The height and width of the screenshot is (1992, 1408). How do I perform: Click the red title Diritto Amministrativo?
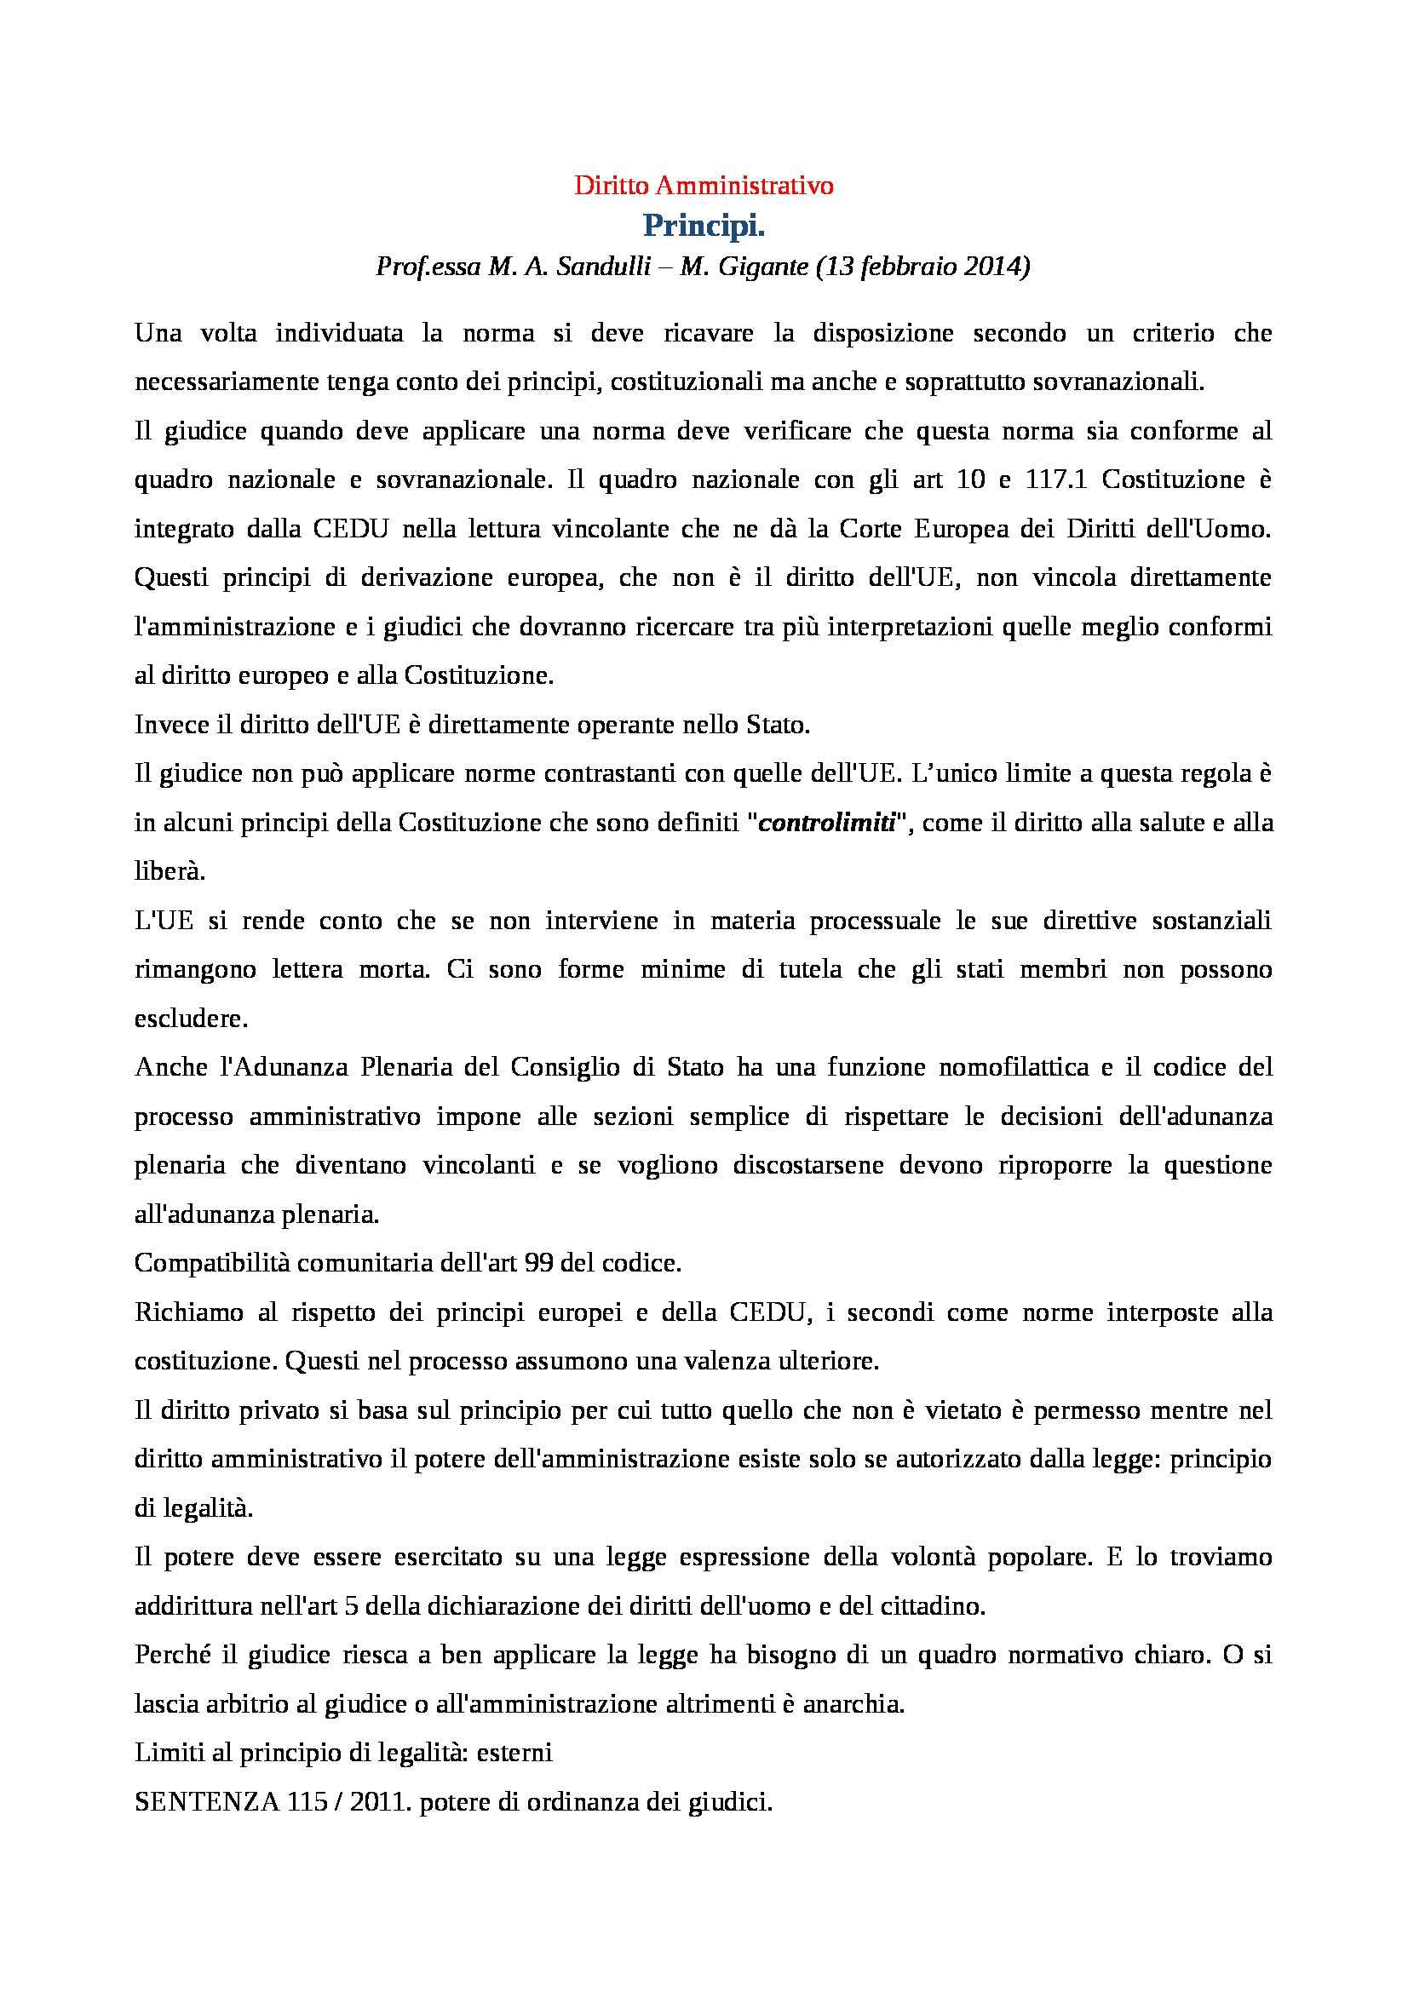(704, 186)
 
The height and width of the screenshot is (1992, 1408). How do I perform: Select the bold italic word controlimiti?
(827, 823)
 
